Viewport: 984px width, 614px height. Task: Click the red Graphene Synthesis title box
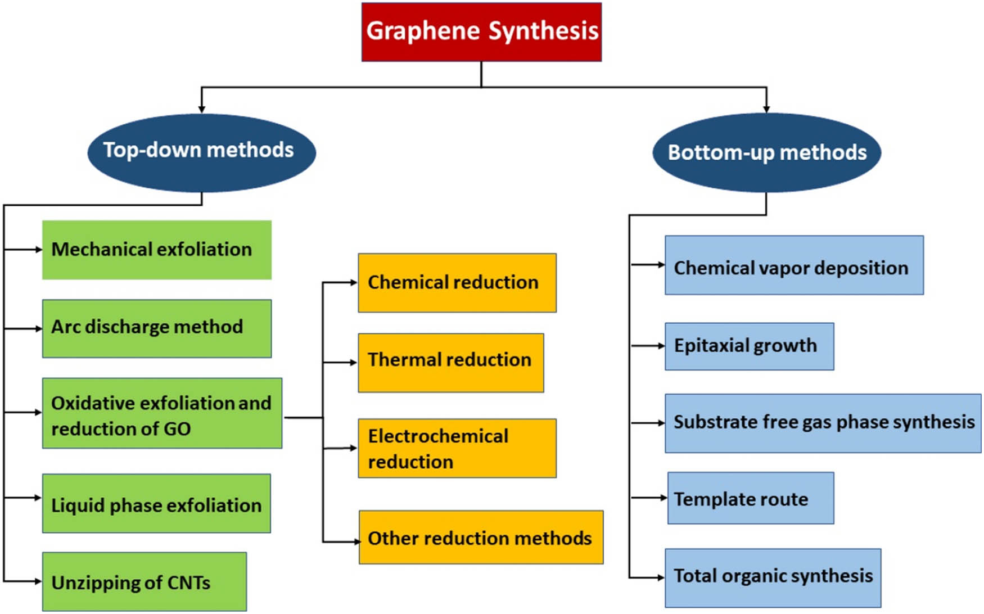click(x=481, y=31)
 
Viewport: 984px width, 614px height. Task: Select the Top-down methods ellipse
click(x=201, y=152)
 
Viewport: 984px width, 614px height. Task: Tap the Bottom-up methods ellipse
click(x=766, y=153)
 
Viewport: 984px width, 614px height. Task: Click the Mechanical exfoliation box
click(x=157, y=250)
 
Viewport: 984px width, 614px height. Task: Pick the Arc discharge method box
click(x=157, y=328)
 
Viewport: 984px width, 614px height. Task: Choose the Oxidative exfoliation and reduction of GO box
click(x=162, y=413)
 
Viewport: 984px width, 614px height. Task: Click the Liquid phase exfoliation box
click(x=156, y=504)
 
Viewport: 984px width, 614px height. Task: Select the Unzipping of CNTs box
click(x=145, y=582)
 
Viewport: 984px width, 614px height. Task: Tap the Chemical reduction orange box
click(x=457, y=283)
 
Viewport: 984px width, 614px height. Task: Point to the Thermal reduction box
click(x=451, y=363)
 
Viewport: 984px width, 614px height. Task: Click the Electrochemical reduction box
click(x=457, y=448)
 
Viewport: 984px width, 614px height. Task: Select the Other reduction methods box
click(x=481, y=538)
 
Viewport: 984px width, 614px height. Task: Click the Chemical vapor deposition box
click(x=794, y=265)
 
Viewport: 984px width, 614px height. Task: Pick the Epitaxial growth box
click(x=749, y=346)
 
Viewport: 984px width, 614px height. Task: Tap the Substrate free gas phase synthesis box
click(x=823, y=423)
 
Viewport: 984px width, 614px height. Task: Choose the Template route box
click(x=751, y=498)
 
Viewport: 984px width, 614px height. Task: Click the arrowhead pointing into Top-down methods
click(x=201, y=109)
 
